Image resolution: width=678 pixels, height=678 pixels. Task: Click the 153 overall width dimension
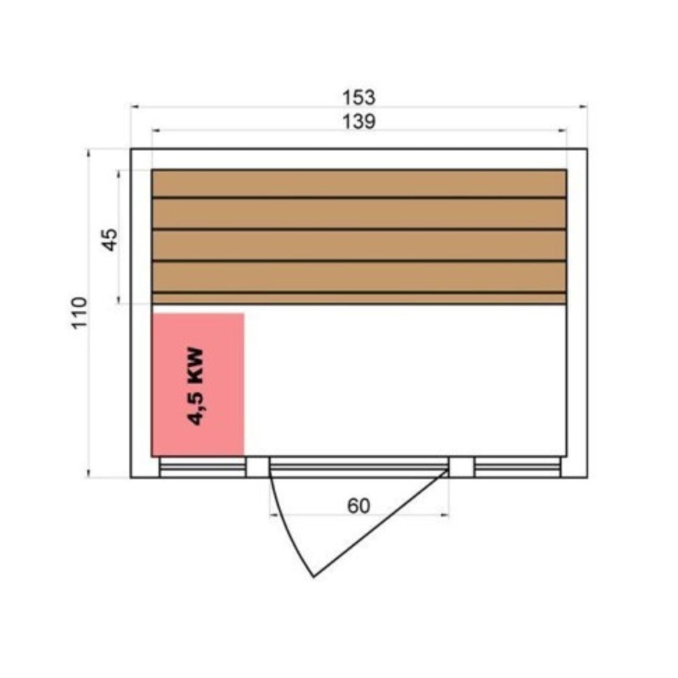pos(358,98)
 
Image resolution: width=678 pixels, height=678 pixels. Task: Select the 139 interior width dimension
pos(359,121)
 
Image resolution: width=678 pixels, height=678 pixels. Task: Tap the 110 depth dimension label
pos(80,312)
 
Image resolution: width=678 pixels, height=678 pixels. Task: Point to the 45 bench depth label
pos(110,240)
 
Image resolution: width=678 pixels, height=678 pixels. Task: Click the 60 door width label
pos(358,506)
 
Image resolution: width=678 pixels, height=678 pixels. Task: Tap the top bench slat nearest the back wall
pos(359,184)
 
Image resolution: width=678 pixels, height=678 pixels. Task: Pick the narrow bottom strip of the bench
pos(359,298)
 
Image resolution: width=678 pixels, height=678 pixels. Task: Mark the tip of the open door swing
pos(314,576)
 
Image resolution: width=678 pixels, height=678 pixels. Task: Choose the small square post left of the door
pos(258,467)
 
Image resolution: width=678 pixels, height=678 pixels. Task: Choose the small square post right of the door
pos(461,467)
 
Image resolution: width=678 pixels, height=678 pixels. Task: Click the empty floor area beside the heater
pos(404,381)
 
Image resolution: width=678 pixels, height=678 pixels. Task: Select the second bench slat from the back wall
pos(359,214)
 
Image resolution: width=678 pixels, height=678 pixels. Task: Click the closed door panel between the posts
pos(359,467)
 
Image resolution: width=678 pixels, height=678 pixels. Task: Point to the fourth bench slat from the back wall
pos(359,277)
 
